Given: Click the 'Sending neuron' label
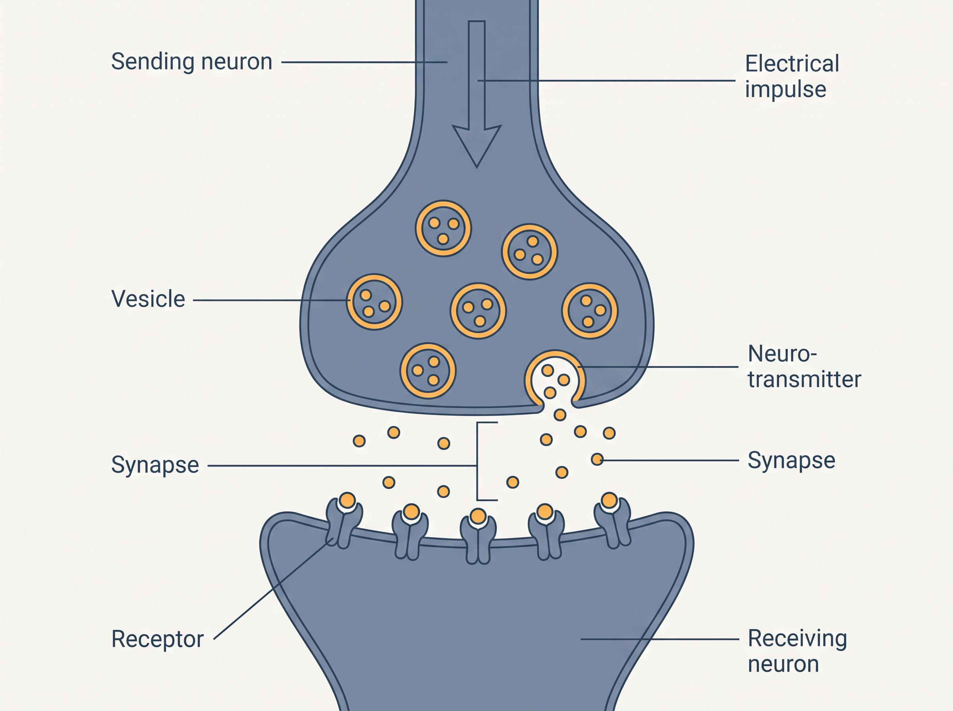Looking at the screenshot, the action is pyautogui.click(x=192, y=61).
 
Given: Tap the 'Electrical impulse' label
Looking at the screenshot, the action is pyautogui.click(x=792, y=76).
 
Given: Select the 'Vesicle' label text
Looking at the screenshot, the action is pyautogui.click(x=148, y=299).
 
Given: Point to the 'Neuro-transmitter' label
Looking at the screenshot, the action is pyautogui.click(x=804, y=366).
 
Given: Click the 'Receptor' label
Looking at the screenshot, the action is pyautogui.click(x=157, y=639).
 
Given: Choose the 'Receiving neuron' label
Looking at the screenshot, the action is pyautogui.click(x=797, y=651).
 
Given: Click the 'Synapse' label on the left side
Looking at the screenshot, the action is pyautogui.click(x=155, y=465).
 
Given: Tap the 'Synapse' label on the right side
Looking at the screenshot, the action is pyautogui.click(x=791, y=460).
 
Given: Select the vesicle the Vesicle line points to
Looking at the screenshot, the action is pyautogui.click(x=374, y=302).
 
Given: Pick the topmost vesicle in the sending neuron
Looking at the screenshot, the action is pyautogui.click(x=443, y=228).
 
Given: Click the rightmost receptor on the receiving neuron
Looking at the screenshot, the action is pyautogui.click(x=612, y=523).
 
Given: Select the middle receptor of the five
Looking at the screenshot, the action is pyautogui.click(x=478, y=538).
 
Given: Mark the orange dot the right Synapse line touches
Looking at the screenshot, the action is pyautogui.click(x=597, y=459).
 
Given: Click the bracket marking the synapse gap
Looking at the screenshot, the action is pyautogui.click(x=477, y=461).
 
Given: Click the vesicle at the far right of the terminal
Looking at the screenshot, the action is pyautogui.click(x=590, y=311).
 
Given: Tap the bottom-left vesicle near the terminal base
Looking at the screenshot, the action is pyautogui.click(x=428, y=371).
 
